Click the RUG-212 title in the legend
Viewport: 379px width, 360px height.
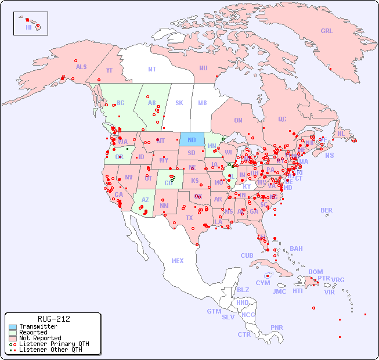(53, 319)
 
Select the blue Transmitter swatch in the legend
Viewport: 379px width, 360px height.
(13, 327)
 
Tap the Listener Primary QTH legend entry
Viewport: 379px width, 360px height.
(53, 344)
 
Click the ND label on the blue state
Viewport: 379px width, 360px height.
(192, 140)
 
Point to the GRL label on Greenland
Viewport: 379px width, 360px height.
(327, 31)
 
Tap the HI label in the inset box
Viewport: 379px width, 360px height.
(28, 27)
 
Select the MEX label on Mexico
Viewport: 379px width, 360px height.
(178, 261)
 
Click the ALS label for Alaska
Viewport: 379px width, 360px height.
(81, 67)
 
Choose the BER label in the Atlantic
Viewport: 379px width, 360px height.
(327, 210)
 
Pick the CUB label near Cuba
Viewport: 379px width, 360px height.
(247, 255)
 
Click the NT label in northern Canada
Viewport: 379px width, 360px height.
(152, 69)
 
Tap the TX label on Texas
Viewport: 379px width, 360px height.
(189, 218)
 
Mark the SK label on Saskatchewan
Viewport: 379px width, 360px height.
(179, 103)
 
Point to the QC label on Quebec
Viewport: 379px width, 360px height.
(282, 119)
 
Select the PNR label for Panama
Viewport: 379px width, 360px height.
(277, 327)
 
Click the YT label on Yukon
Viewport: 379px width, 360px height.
(109, 70)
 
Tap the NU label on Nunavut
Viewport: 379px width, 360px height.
(203, 68)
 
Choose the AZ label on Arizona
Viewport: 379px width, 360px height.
(145, 200)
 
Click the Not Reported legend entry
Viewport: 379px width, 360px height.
(39, 338)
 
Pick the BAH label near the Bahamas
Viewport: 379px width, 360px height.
(296, 249)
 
